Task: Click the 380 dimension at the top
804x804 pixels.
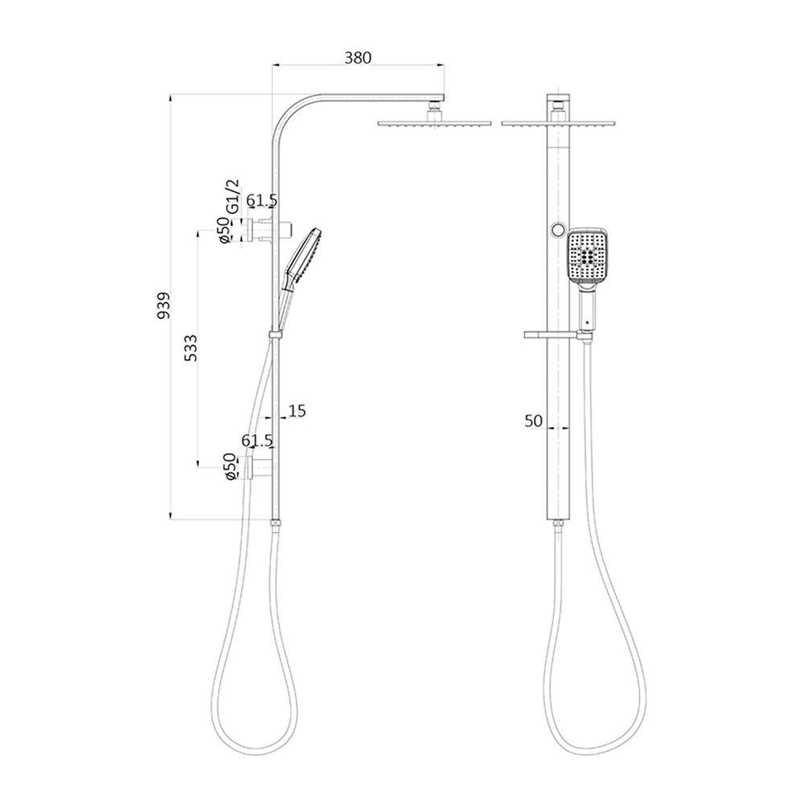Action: (358, 57)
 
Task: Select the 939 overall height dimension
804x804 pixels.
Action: (164, 306)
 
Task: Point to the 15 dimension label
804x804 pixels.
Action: (297, 411)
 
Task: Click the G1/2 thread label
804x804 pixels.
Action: (232, 196)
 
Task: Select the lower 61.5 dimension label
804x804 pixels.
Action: (257, 440)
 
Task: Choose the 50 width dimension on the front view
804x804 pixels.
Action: (534, 420)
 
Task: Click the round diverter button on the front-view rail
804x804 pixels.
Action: (556, 231)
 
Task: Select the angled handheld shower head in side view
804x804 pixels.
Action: (301, 257)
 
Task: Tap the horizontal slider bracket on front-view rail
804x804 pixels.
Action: (550, 332)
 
